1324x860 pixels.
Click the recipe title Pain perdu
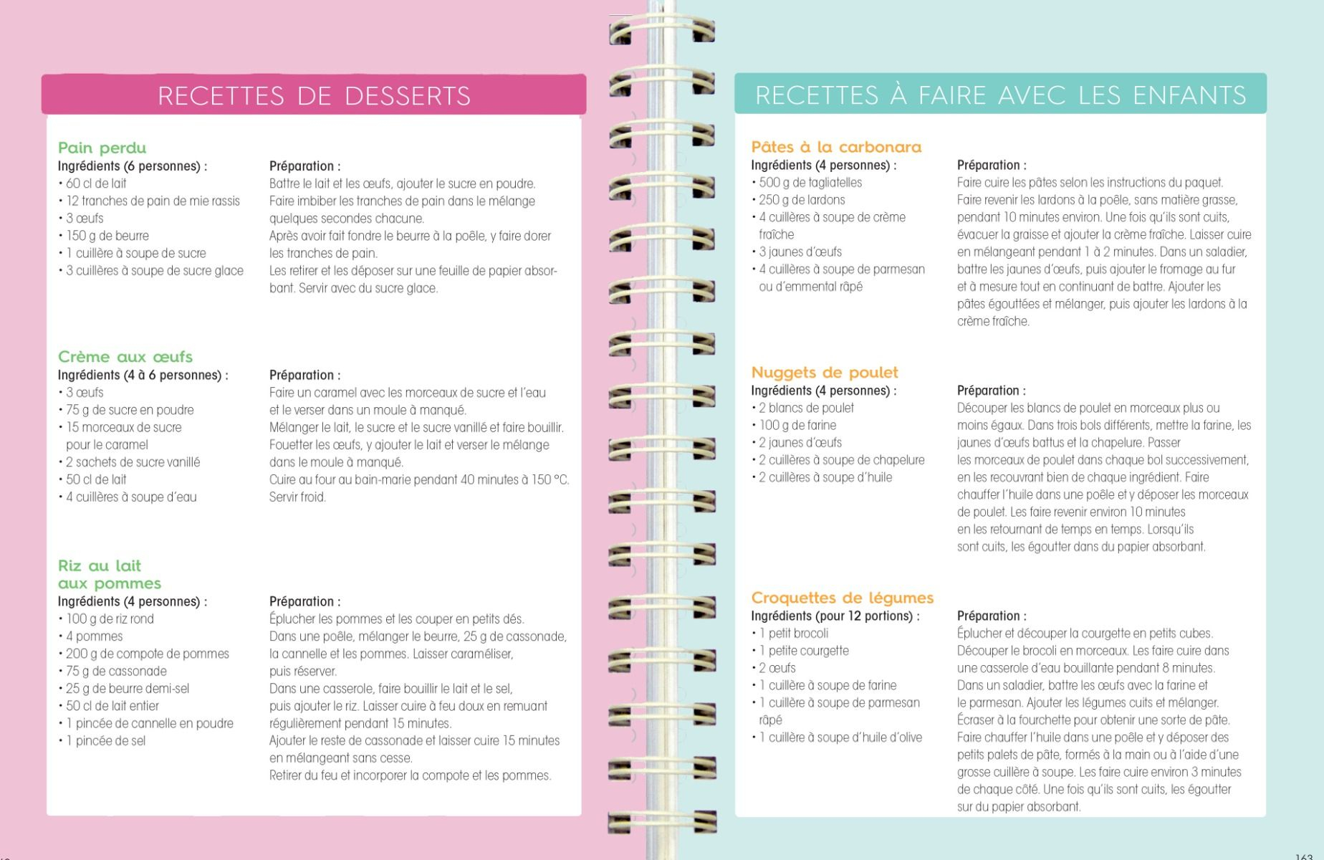pos(102,148)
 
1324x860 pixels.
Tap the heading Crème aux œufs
pos(125,357)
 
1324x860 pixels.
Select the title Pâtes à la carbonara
pos(836,147)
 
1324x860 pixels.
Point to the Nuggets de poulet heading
pos(824,373)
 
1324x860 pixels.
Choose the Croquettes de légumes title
pos(842,598)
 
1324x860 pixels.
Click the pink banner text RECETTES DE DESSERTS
pos(314,95)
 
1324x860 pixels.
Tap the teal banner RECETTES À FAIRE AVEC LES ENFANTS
pos(1000,95)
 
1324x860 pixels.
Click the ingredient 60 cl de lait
pos(96,183)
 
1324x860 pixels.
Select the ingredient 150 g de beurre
pos(107,236)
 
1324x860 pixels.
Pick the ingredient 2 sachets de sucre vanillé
pos(133,462)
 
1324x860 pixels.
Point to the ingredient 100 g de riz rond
pos(110,619)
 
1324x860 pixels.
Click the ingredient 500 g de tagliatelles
pos(810,183)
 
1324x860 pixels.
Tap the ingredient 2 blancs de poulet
pos(806,408)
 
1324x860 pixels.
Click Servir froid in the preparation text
pos(297,497)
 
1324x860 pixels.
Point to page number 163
pos(1304,856)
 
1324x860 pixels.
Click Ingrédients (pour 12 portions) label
pos(835,616)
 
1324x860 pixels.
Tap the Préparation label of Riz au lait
pos(304,601)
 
